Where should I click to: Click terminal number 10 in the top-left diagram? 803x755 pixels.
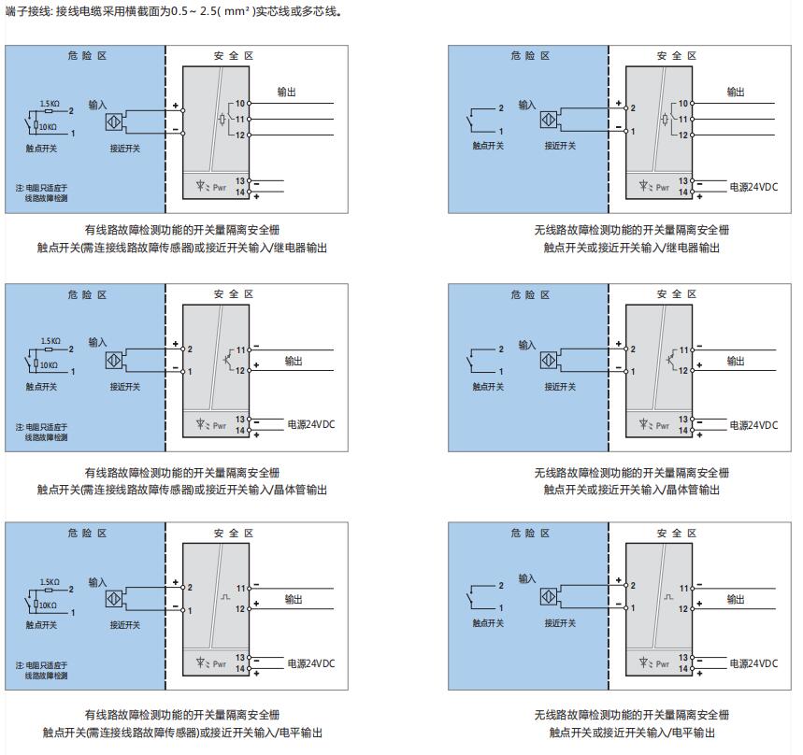pyautogui.click(x=239, y=103)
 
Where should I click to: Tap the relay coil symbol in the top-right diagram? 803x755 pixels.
pyautogui.click(x=663, y=120)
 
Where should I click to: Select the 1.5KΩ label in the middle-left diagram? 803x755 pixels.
pyautogui.click(x=50, y=341)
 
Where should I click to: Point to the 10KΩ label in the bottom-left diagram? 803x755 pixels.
pyautogui.click(x=48, y=605)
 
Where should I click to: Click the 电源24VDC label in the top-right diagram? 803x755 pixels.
pyautogui.click(x=753, y=187)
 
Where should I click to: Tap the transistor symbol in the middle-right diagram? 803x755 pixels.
pyautogui.click(x=670, y=358)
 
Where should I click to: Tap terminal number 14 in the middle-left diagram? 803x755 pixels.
pyautogui.click(x=240, y=431)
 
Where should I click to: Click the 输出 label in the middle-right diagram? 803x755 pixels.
pyautogui.click(x=737, y=361)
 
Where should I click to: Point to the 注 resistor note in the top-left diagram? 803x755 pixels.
pyautogui.click(x=41, y=192)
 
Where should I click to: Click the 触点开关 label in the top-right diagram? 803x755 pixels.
pyautogui.click(x=488, y=146)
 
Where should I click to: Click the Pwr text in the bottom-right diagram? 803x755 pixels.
pyautogui.click(x=663, y=664)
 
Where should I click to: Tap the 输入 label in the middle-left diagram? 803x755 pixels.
pyautogui.click(x=98, y=342)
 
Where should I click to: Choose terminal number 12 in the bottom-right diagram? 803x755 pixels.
pyautogui.click(x=683, y=609)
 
